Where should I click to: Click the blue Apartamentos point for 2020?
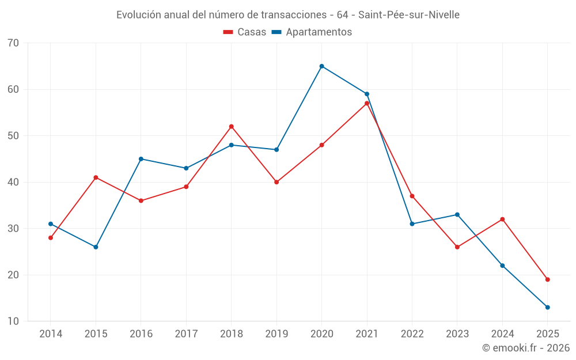[321, 66]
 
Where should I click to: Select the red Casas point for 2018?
[232, 126]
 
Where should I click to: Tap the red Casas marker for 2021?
[367, 103]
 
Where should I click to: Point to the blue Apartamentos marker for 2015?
[96, 247]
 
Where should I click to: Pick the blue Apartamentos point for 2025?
[548, 307]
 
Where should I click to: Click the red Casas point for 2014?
[51, 238]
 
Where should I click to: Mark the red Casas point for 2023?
[457, 247]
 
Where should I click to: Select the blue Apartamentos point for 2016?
[141, 159]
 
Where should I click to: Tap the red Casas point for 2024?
[502, 219]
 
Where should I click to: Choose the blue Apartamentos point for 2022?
[412, 224]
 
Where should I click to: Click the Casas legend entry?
[245, 32]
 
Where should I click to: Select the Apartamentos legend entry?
[312, 32]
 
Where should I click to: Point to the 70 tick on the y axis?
[13, 43]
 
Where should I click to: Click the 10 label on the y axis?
[13, 321]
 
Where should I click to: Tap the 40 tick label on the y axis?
[13, 182]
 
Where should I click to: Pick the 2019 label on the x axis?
[276, 334]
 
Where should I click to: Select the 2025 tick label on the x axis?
[548, 334]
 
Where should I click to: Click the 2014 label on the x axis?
[51, 334]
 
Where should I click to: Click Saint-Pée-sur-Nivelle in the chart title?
[409, 14]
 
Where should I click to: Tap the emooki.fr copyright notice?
[525, 348]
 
